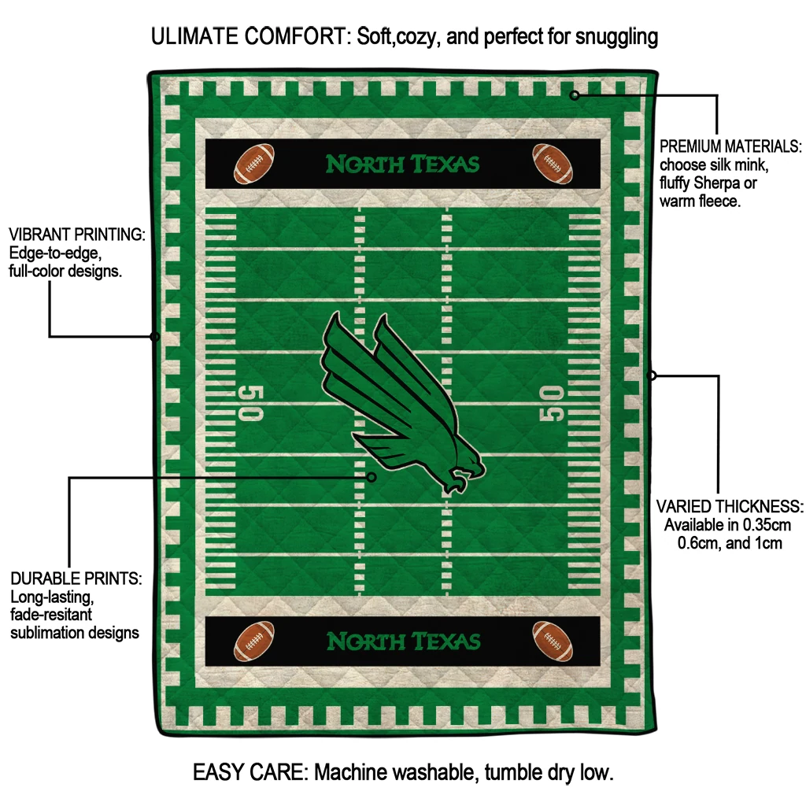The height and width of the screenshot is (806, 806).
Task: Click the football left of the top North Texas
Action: coord(254,164)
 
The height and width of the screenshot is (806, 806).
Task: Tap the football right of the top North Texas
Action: coord(553,164)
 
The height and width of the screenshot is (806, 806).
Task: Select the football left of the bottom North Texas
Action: coord(254,641)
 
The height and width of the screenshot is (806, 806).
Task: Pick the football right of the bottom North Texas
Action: coord(553,641)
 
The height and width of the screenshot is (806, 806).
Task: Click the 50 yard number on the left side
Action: coord(251,403)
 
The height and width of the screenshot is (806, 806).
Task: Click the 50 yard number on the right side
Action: coord(551,403)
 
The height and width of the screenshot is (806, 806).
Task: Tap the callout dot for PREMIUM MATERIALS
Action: coord(575,95)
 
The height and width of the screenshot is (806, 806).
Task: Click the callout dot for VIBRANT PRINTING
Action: coord(155,337)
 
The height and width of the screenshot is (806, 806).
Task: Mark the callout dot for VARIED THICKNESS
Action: coord(652,375)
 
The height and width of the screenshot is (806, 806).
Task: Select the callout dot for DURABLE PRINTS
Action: coord(372,477)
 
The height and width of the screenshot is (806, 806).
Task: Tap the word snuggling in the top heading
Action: coord(617,38)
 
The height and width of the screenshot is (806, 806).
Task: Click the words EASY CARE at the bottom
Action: coord(250,772)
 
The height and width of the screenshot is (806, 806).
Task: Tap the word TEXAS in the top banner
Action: coord(446,164)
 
